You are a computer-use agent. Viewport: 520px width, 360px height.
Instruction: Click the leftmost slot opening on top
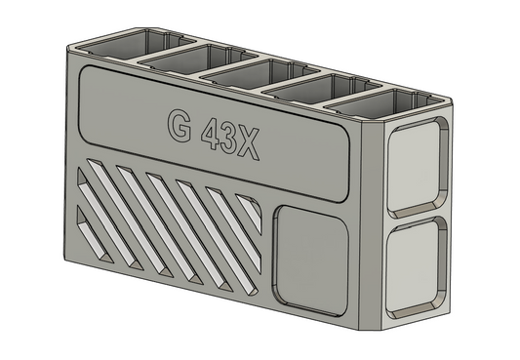(114, 42)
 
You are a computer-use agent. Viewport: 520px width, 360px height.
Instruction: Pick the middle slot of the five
(244, 72)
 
